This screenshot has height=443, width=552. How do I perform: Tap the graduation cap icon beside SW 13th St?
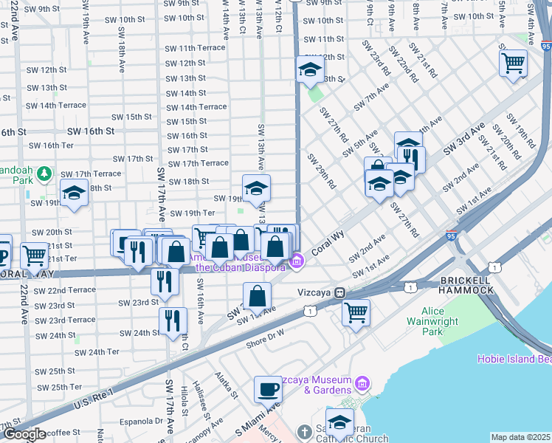(311, 70)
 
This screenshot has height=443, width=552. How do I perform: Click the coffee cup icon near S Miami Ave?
(268, 388)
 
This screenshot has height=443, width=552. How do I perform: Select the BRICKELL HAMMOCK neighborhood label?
(466, 286)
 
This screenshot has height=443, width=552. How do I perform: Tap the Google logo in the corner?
(24, 434)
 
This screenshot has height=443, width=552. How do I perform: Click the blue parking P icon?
(3, 249)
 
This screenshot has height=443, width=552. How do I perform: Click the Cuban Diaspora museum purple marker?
(297, 260)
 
